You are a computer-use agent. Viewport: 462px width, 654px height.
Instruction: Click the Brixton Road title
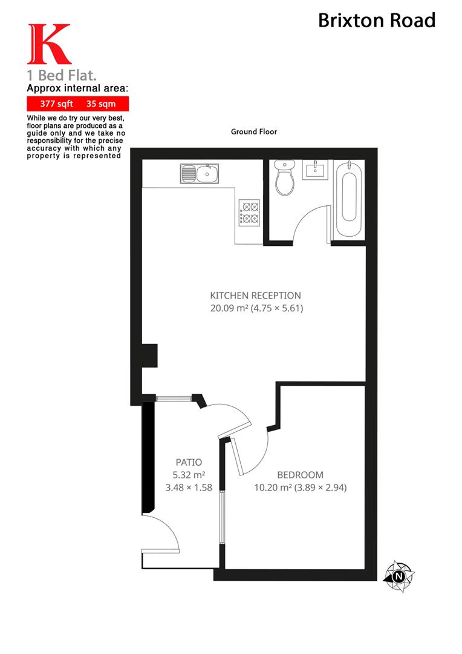pos(377,21)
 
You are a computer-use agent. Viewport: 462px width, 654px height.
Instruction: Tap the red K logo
pos(48,45)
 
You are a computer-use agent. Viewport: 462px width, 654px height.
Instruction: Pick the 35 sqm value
pos(101,103)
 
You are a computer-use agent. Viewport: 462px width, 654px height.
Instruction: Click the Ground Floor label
pos(253,131)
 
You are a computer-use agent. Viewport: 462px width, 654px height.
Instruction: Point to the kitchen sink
pos(199,174)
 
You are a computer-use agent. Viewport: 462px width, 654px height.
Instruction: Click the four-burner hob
pos(250,212)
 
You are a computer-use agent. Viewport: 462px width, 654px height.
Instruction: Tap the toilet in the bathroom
pos(284,177)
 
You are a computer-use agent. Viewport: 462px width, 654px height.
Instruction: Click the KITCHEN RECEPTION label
pos(255,296)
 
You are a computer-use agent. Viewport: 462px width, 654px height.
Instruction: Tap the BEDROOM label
pos(300,475)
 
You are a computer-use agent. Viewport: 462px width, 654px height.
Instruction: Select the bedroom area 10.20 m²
pos(272,487)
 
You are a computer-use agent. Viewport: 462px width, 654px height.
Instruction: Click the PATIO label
pos(189,462)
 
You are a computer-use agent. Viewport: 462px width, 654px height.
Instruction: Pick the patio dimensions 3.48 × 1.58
pos(189,487)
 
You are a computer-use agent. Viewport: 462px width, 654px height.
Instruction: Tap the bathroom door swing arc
pos(311,221)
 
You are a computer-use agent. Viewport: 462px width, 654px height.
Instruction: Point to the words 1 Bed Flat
pos(62,76)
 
